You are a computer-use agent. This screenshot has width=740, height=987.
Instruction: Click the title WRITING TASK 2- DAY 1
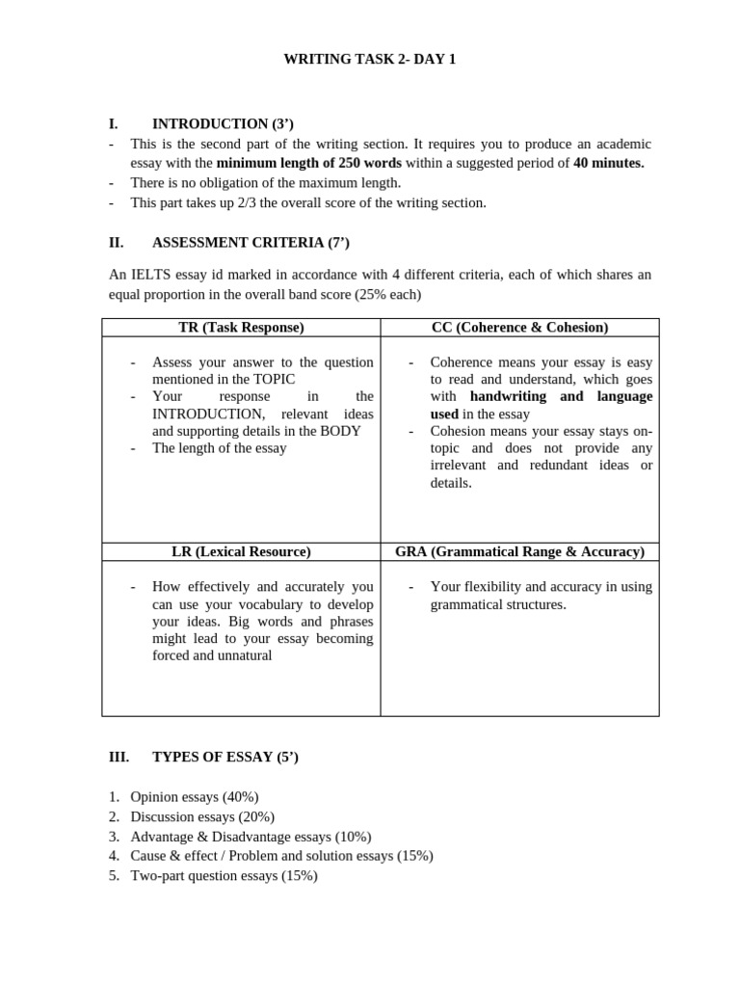click(369, 60)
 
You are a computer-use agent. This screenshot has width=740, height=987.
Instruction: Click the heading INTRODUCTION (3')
click(223, 123)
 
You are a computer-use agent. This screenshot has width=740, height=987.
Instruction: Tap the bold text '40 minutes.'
click(608, 163)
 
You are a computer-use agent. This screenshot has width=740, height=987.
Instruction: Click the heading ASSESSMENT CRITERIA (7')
click(244, 242)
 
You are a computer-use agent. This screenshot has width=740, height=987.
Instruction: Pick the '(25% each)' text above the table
click(388, 294)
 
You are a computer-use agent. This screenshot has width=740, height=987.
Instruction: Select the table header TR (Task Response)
click(241, 328)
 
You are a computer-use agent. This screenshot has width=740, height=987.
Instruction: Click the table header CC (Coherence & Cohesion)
click(519, 328)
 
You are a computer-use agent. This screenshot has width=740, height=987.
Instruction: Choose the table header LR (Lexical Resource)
click(241, 551)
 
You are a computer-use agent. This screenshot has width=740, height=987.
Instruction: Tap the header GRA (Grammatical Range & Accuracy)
click(519, 551)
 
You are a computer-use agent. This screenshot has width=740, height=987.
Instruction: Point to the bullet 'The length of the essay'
click(219, 448)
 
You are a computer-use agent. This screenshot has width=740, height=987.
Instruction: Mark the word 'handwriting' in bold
click(507, 396)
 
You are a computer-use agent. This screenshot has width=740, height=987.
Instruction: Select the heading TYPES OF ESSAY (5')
click(225, 758)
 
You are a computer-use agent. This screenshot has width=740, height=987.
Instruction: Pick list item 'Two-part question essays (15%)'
click(224, 876)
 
